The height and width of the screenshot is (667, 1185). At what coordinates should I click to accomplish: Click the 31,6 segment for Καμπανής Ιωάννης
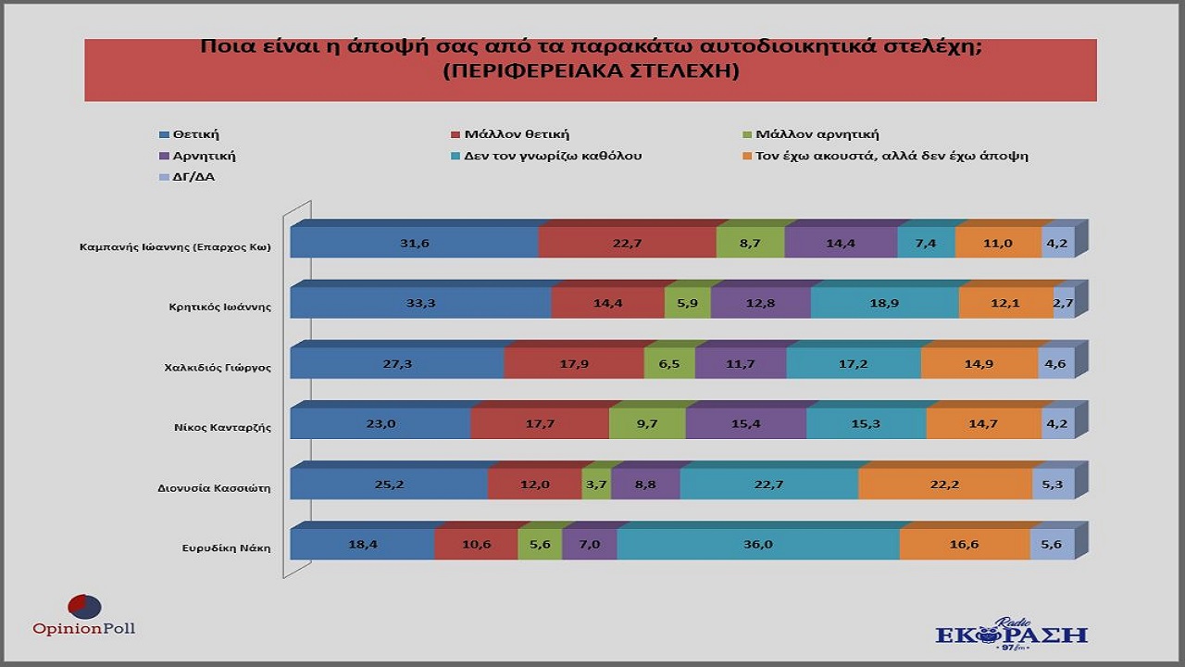click(414, 242)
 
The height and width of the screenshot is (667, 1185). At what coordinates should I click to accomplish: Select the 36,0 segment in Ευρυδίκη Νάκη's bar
click(758, 544)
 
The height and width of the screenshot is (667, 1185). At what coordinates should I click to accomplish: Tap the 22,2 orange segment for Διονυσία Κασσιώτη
click(945, 484)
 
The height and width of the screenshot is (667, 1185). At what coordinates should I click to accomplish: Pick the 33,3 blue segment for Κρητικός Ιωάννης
click(420, 303)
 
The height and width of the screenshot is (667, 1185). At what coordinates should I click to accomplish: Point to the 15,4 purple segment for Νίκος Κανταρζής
click(746, 423)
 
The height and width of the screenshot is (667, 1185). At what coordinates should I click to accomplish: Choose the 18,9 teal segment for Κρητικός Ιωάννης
click(885, 303)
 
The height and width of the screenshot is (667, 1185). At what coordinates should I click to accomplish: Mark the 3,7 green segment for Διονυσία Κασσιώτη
click(596, 484)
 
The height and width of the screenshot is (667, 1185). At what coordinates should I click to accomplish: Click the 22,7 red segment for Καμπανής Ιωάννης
click(627, 242)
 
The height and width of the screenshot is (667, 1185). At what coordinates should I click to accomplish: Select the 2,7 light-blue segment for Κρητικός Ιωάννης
click(1064, 303)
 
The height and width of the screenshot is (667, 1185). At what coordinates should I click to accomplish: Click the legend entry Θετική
click(195, 134)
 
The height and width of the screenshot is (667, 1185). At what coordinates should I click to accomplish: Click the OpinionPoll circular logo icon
click(84, 607)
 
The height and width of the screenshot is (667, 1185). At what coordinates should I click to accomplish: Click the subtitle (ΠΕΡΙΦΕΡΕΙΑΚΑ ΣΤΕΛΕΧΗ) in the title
click(591, 72)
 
